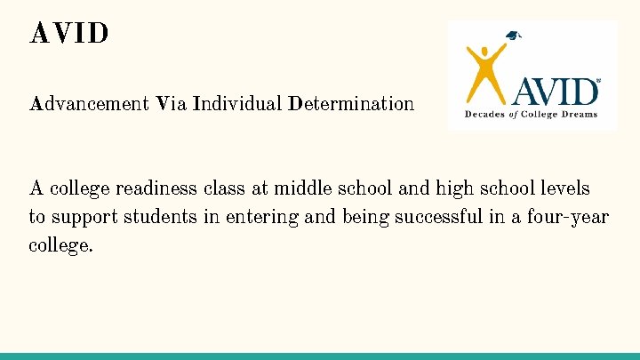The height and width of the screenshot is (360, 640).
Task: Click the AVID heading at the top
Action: pyautogui.click(x=69, y=34)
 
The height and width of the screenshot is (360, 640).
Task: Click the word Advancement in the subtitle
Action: pyautogui.click(x=89, y=104)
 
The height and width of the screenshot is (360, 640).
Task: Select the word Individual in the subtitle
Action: pyautogui.click(x=236, y=104)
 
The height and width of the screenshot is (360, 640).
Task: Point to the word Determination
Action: pyautogui.click(x=350, y=104)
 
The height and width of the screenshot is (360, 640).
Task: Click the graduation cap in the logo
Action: pyautogui.click(x=513, y=36)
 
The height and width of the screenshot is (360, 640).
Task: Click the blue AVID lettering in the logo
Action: pyautogui.click(x=557, y=92)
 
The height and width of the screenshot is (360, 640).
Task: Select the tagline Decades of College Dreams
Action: pyautogui.click(x=532, y=114)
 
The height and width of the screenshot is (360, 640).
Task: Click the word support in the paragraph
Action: pyautogui.click(x=84, y=217)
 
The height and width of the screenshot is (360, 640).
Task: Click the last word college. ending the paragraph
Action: pyautogui.click(x=60, y=245)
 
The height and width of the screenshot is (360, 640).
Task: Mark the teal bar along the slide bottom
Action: pyautogui.click(x=320, y=356)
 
